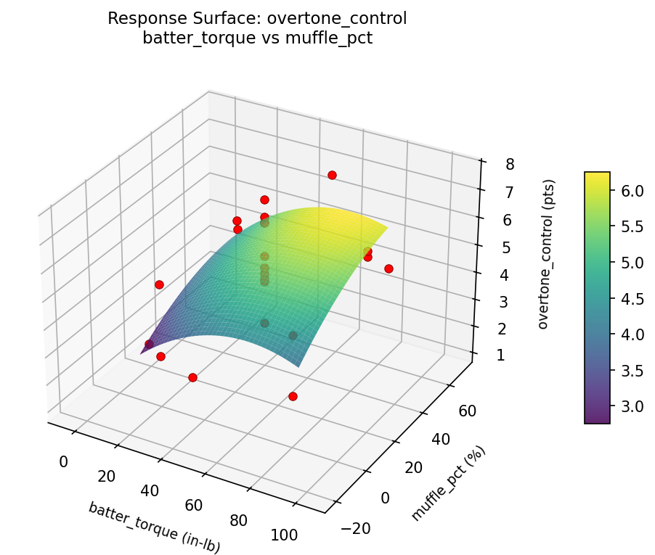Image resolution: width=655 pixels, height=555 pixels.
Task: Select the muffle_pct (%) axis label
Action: pos(448,484)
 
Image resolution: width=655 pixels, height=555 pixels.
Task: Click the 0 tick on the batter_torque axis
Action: pos(63,461)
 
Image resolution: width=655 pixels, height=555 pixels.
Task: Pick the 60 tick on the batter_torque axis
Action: pos(194,505)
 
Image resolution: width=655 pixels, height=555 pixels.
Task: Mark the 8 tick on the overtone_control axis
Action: pos(510,164)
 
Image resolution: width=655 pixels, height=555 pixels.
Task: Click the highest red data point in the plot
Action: pos(332,175)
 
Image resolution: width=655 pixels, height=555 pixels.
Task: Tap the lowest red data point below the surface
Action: pos(293,396)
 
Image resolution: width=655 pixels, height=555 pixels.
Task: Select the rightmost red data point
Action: pos(388,268)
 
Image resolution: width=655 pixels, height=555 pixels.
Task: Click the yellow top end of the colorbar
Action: pos(597,176)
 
